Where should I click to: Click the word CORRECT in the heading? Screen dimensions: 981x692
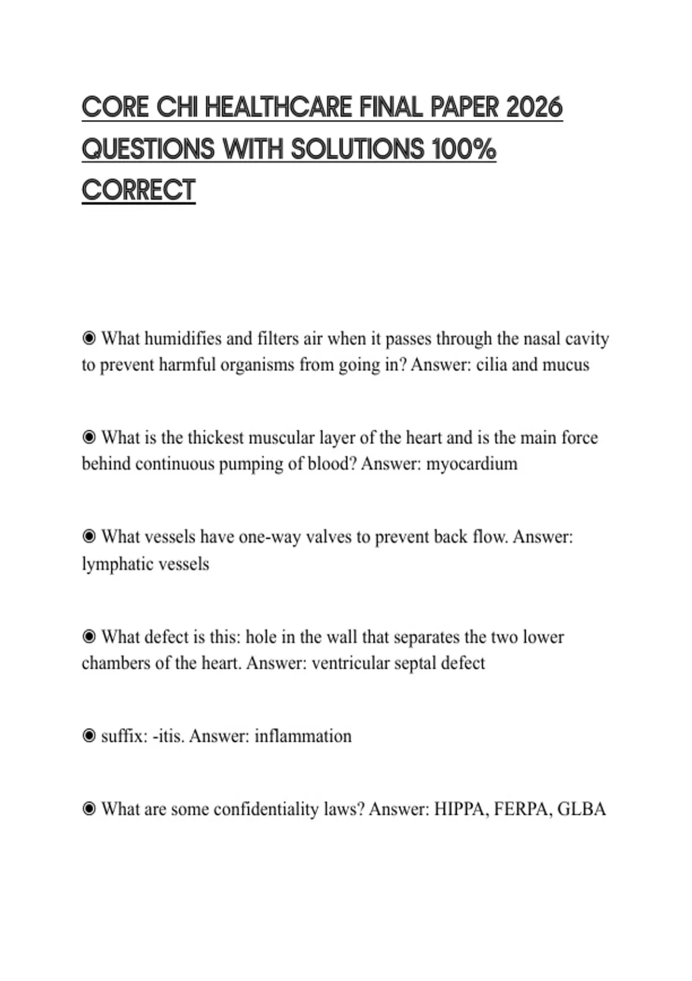coord(138,190)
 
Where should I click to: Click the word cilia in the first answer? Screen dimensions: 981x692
coord(491,365)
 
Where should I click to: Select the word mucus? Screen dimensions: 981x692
coord(567,365)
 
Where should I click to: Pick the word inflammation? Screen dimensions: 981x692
coord(303,736)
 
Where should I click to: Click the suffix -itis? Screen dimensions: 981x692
coord(168,736)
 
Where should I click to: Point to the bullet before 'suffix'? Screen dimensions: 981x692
coord(89,736)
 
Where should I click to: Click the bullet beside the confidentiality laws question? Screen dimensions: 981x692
coord(89,809)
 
